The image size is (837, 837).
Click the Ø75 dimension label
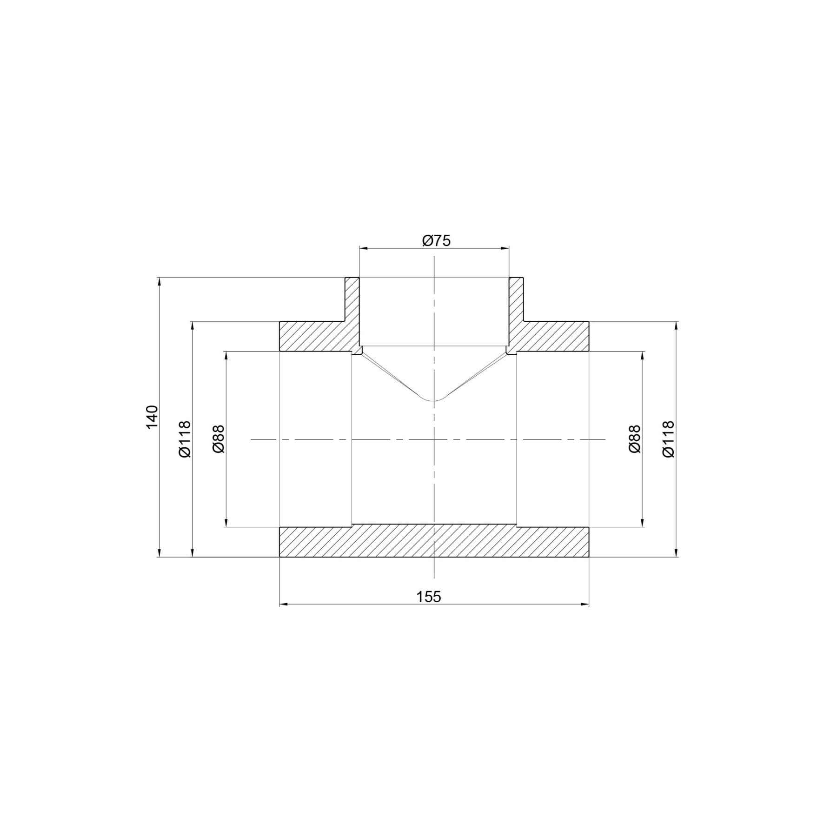(436, 240)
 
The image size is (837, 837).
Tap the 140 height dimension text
(152, 417)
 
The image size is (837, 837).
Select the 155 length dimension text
(428, 597)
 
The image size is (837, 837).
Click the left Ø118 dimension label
(185, 439)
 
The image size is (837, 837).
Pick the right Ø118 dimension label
(668, 439)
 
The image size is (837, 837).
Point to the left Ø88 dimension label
(218, 439)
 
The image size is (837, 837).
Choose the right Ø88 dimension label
(634, 439)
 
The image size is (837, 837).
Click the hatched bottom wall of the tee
(434, 541)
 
